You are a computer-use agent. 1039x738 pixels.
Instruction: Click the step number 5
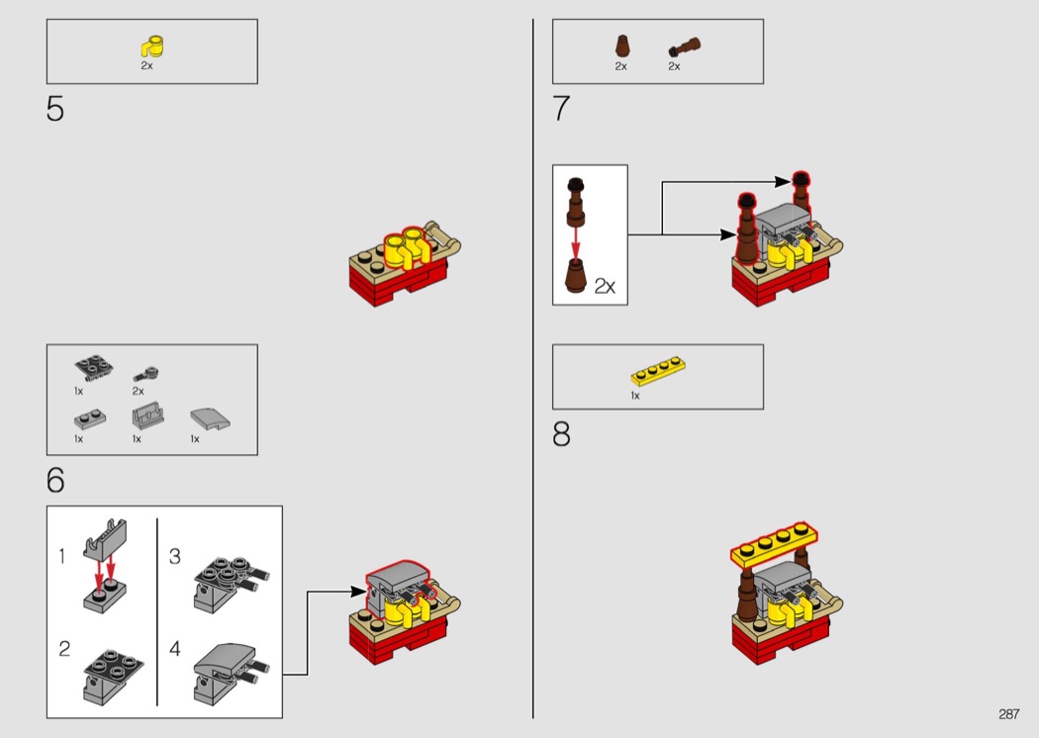(55, 109)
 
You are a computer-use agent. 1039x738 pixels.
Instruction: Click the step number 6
(55, 480)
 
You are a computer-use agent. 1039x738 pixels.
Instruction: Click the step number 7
(561, 109)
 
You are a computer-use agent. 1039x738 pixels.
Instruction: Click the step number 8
(561, 434)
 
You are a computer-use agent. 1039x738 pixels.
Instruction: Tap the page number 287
(1008, 714)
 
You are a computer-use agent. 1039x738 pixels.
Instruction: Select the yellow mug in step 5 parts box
(152, 47)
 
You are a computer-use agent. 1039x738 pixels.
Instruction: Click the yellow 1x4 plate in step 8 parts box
(657, 372)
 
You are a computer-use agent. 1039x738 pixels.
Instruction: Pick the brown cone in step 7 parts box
(621, 46)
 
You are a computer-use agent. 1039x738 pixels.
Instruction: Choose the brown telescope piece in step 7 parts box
(685, 47)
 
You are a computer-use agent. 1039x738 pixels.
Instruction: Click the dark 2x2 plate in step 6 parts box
(93, 368)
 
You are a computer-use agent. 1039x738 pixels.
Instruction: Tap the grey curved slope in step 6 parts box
(210, 418)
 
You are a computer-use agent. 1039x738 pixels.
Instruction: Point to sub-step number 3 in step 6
(175, 556)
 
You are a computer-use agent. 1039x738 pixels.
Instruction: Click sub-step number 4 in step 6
(175, 648)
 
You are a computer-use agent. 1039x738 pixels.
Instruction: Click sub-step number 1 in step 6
(61, 556)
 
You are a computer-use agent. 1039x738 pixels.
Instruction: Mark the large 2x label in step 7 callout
(605, 286)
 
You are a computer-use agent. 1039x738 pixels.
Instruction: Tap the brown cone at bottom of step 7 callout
(576, 275)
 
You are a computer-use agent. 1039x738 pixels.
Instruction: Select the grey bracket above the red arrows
(105, 538)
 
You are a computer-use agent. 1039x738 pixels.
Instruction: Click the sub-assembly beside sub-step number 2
(114, 676)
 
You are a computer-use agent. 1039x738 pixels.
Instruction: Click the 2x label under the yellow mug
(146, 65)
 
